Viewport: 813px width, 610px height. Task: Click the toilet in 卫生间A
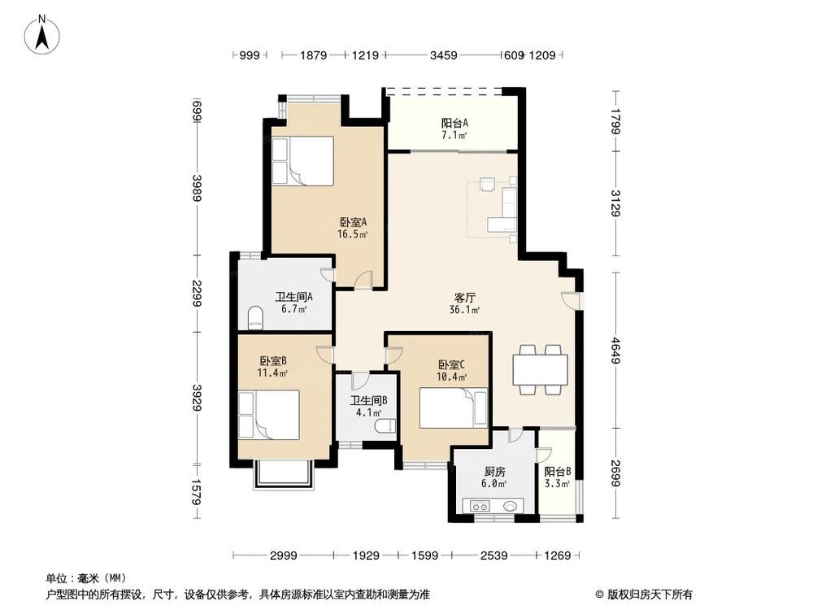pos(254,316)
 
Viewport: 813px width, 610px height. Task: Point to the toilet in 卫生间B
pos(389,424)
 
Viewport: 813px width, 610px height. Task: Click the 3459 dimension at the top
pos(443,55)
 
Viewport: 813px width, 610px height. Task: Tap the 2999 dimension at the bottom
pos(284,556)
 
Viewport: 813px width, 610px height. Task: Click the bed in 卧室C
pos(454,408)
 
